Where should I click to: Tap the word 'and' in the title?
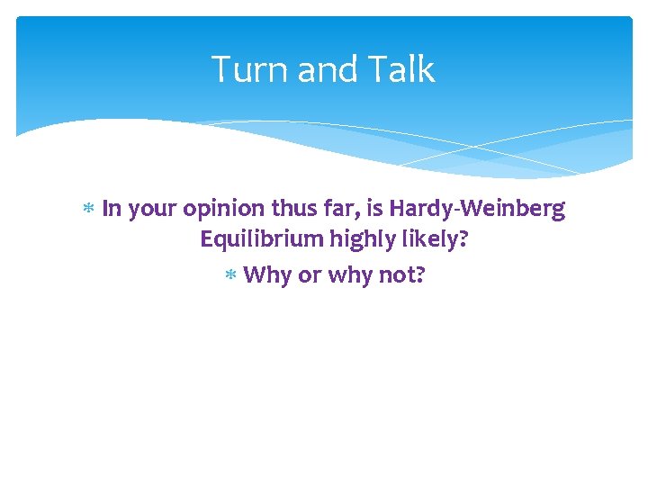point(320,69)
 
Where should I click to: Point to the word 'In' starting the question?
point(112,209)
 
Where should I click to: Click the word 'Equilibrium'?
point(260,241)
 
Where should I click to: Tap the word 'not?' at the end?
point(401,274)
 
